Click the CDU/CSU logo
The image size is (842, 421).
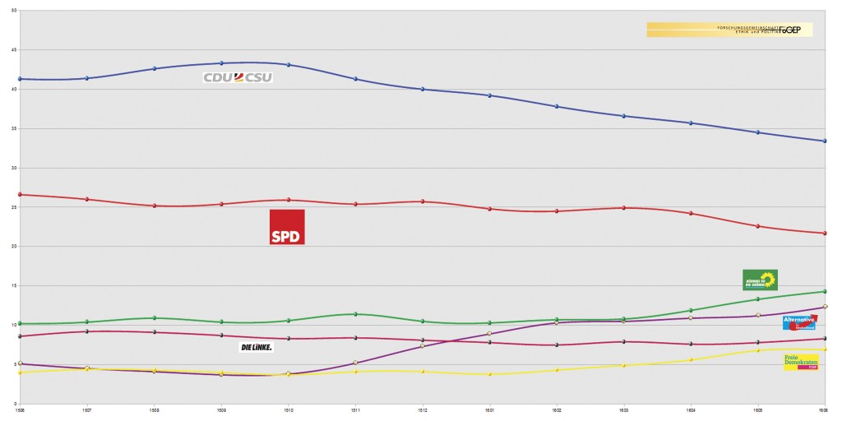tap(238, 77)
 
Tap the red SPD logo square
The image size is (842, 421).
tap(287, 227)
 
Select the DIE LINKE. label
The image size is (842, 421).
tap(256, 347)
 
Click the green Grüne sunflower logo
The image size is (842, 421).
tap(760, 280)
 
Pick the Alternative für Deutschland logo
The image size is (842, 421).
tap(799, 322)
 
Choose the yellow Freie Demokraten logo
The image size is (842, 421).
tap(801, 362)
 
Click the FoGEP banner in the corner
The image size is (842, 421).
tap(729, 30)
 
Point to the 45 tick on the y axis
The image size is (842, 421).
tap(14, 50)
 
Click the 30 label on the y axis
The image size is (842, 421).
tap(14, 168)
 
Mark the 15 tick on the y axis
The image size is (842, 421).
tap(14, 286)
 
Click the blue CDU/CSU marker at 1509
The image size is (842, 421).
tap(221, 63)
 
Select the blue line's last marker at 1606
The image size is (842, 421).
tap(825, 141)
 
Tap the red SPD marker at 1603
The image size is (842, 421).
tap(624, 207)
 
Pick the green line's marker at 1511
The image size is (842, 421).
tap(355, 314)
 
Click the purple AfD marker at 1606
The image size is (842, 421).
tap(825, 307)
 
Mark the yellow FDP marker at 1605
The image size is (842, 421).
tap(758, 351)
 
